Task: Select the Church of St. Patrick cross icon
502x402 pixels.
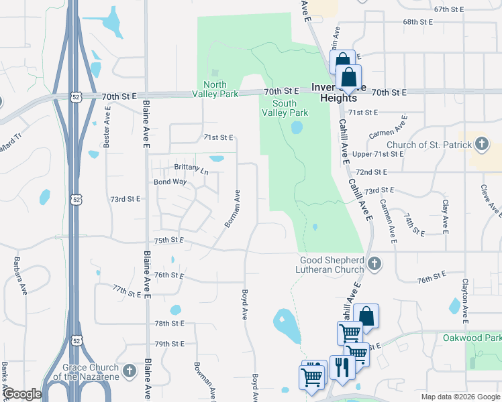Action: tap(481, 144)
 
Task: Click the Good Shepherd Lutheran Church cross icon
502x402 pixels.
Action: tap(374, 265)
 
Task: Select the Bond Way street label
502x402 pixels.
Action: tap(170, 182)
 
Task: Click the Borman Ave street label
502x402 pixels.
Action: tap(232, 208)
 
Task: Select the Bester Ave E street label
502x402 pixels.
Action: tap(107, 128)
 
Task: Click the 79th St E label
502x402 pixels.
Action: tap(169, 344)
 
